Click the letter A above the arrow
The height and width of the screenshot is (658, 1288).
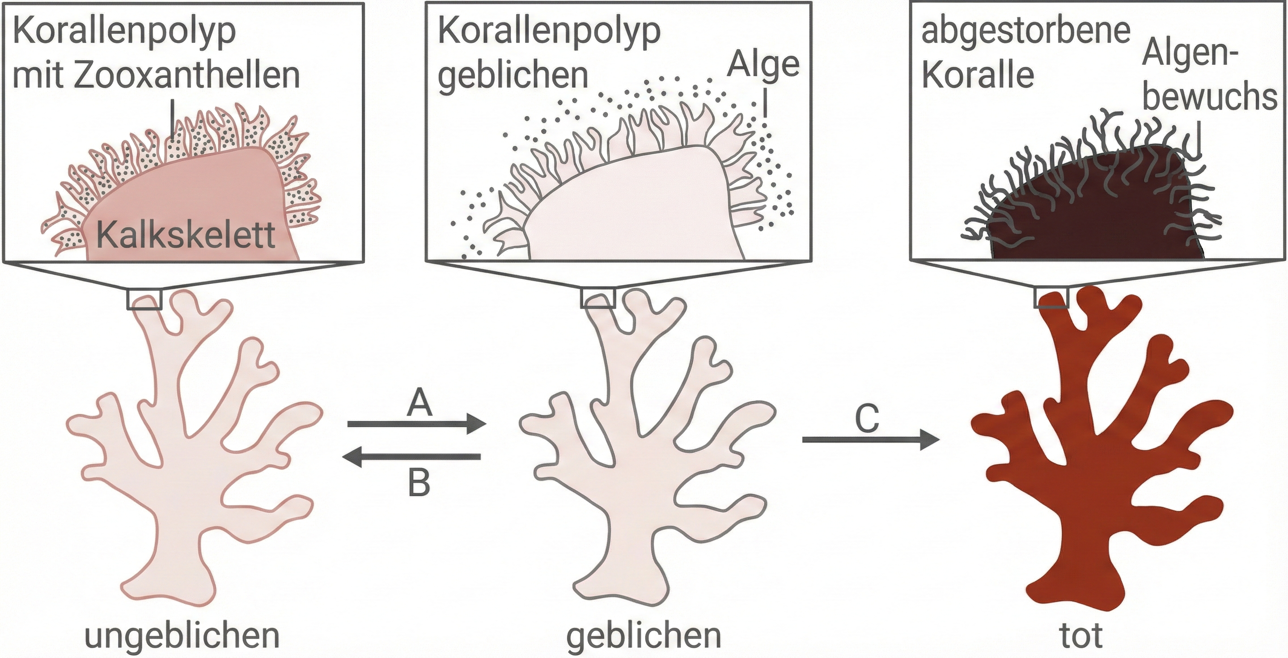pos(419,403)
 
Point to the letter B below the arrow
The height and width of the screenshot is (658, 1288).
pos(419,483)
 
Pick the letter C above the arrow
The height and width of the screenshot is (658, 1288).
pos(867,419)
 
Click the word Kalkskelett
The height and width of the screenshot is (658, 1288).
pos(186,235)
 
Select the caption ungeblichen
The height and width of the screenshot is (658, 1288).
pos(182,635)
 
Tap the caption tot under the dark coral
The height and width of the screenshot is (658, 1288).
pos(1081,635)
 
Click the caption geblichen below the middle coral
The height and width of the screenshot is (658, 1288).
pos(644,635)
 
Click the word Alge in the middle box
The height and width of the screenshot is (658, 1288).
pos(763,65)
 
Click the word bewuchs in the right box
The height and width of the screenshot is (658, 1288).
pos(1210,97)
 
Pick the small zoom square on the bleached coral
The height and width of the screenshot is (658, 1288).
pos(598,298)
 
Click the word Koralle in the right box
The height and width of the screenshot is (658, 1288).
pos(978,75)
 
